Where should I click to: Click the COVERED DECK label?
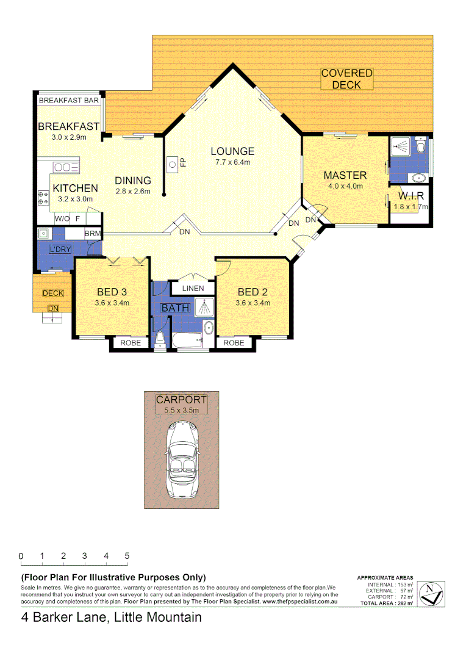(x=346, y=79)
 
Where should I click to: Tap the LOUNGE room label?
(x=232, y=151)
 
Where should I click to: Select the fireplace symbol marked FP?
(x=173, y=163)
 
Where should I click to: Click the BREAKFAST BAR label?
(x=69, y=100)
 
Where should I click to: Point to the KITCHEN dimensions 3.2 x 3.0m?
(x=75, y=199)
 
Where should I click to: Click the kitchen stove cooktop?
(x=43, y=197)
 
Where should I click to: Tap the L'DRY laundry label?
(x=60, y=249)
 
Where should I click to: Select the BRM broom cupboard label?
(x=93, y=234)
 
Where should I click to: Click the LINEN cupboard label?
(x=193, y=287)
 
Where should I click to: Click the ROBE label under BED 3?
(x=130, y=343)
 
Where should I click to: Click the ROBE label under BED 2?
(x=234, y=343)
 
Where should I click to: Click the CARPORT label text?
(x=181, y=400)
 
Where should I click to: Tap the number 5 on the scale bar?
(x=127, y=556)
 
